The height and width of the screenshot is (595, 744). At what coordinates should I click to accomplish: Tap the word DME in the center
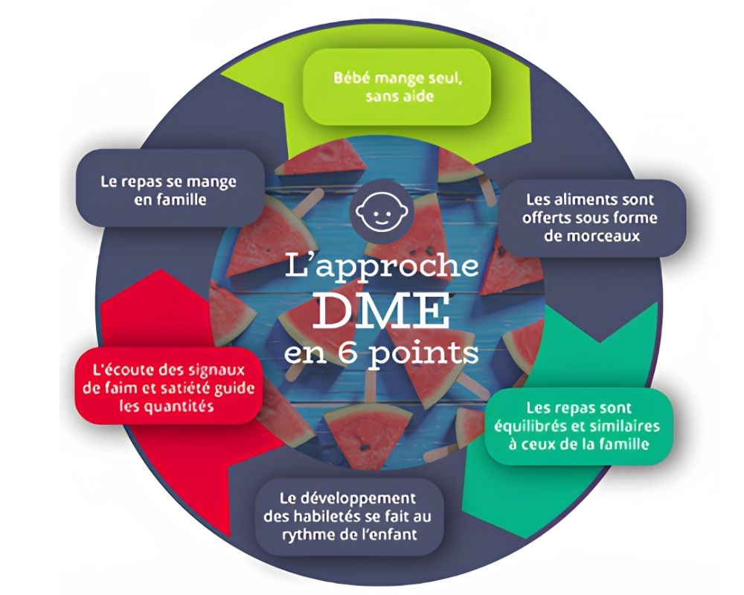(382, 312)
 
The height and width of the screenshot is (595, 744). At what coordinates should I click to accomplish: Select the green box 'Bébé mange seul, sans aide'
(397, 87)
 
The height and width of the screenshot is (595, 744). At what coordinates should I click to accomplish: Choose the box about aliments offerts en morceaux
(591, 218)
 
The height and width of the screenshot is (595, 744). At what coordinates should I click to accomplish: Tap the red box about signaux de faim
(169, 387)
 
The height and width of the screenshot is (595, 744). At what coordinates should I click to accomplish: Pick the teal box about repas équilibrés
(578, 426)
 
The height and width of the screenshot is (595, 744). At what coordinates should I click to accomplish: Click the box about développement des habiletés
(349, 517)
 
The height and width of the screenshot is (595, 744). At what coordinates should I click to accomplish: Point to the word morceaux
(593, 237)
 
